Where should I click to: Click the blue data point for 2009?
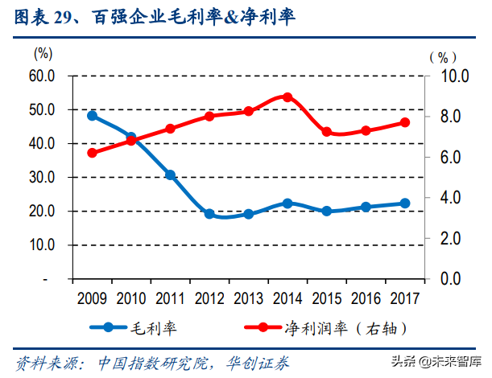(92, 116)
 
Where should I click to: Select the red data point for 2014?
(287, 97)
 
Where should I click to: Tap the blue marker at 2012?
(209, 214)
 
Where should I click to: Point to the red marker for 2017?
(405, 122)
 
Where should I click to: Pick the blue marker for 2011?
(170, 175)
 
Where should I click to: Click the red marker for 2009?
(92, 153)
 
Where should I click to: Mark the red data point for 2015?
(327, 132)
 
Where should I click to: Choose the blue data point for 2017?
(405, 203)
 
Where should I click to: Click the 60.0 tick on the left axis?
(40, 76)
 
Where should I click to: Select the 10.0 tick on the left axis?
(40, 245)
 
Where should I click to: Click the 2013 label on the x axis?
(248, 298)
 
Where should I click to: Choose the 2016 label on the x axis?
(366, 298)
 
